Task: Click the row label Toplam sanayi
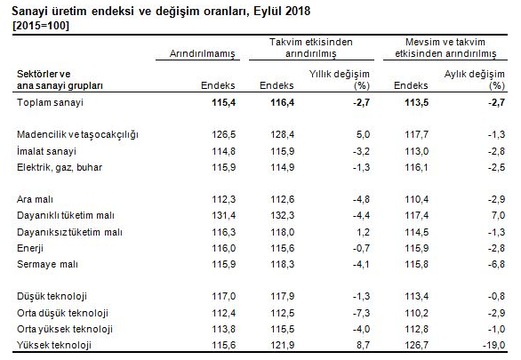point(50,102)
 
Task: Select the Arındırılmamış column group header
point(203,53)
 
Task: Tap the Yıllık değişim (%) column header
point(340,80)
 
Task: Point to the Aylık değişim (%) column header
point(475,80)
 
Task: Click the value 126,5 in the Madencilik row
point(224,134)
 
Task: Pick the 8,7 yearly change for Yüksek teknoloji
point(363,345)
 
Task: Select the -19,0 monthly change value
point(493,345)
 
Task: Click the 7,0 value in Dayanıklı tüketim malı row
point(498,215)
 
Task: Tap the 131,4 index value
point(224,215)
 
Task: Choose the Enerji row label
point(30,248)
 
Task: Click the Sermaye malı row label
point(47,264)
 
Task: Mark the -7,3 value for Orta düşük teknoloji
point(361,313)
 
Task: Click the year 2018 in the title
point(297,12)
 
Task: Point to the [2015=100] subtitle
point(41,26)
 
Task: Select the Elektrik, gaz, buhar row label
point(60,167)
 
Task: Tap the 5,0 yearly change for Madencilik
point(363,134)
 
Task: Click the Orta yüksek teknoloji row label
point(65,329)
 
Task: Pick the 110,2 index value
point(416,313)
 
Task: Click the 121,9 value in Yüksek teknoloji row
point(283,345)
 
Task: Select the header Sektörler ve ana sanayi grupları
point(60,80)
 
